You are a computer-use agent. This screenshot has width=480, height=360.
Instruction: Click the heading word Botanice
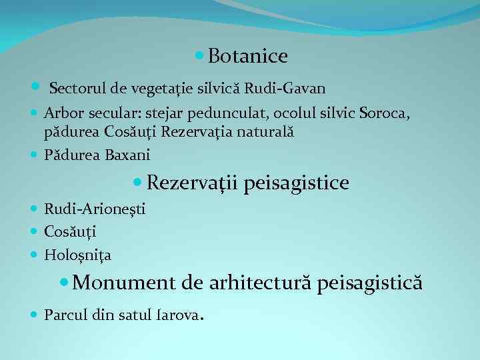click(x=247, y=57)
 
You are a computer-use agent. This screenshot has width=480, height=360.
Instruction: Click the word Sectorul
click(x=75, y=87)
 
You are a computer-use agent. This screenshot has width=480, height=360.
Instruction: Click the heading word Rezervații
click(x=193, y=182)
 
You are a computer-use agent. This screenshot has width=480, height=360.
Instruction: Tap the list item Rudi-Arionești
click(x=95, y=209)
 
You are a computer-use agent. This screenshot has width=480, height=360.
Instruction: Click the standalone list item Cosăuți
click(x=70, y=231)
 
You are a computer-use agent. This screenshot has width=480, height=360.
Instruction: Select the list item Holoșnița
click(x=77, y=254)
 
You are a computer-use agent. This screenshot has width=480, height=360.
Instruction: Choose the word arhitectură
click(x=261, y=282)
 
